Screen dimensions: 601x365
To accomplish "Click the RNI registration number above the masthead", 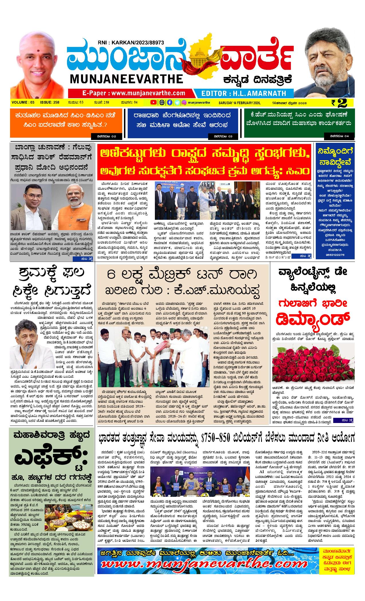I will pyautogui.click(x=131, y=42).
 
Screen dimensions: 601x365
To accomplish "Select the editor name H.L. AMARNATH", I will pyautogui.click(x=244, y=93).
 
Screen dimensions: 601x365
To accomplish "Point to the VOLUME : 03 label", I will pyautogui.click(x=23, y=102).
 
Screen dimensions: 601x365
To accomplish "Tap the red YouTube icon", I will pyautogui.click(x=154, y=102).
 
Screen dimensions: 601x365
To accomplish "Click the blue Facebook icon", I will pyautogui.click(x=169, y=102).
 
